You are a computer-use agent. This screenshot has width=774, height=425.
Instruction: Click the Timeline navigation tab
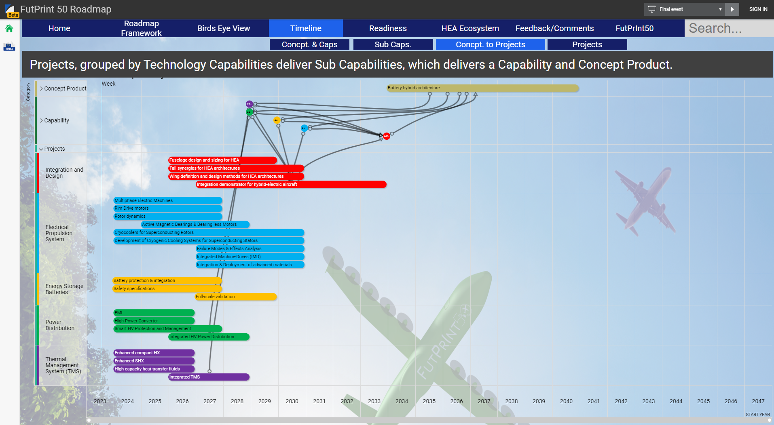coord(306,28)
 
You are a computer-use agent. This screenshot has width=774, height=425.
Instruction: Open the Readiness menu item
coord(387,28)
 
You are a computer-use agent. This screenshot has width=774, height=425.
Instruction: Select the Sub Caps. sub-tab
coord(393,44)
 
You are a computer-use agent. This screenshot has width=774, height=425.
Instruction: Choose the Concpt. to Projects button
coord(490,44)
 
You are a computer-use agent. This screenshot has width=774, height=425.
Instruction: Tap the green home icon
coord(9,28)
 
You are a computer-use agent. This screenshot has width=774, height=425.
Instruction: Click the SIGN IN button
coord(758,9)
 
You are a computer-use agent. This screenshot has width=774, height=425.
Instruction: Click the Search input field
coord(728,28)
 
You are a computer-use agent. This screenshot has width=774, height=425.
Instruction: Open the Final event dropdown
coord(686,9)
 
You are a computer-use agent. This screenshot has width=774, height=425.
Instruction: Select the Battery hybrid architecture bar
coord(482,88)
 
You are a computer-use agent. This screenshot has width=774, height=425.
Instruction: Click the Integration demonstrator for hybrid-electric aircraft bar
coord(291,184)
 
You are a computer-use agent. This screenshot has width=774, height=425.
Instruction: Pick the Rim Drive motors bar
coord(167,208)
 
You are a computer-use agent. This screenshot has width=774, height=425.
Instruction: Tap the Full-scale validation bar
coord(236,297)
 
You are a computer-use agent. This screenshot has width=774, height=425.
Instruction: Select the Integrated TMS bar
coord(209,377)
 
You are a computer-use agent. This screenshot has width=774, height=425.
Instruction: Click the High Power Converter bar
coord(154,321)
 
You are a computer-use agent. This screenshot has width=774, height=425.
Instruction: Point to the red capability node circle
coord(387,136)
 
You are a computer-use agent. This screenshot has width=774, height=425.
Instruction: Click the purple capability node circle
coord(249,104)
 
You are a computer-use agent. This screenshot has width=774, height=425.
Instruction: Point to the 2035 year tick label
coord(429,401)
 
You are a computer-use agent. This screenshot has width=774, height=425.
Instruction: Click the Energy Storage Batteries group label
coord(64,289)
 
